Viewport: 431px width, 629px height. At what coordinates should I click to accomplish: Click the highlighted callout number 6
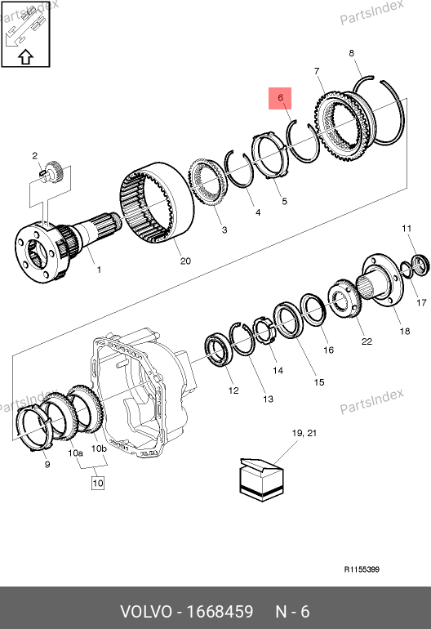280,97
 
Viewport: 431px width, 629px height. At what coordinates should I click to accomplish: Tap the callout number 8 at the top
351,53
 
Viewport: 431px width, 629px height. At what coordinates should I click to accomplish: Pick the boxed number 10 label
98,483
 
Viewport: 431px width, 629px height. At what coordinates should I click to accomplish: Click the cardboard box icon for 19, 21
261,480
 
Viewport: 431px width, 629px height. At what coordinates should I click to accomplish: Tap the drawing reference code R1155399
362,569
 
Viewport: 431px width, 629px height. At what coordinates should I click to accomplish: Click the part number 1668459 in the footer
220,612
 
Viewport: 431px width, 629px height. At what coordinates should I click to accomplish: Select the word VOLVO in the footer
146,612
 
